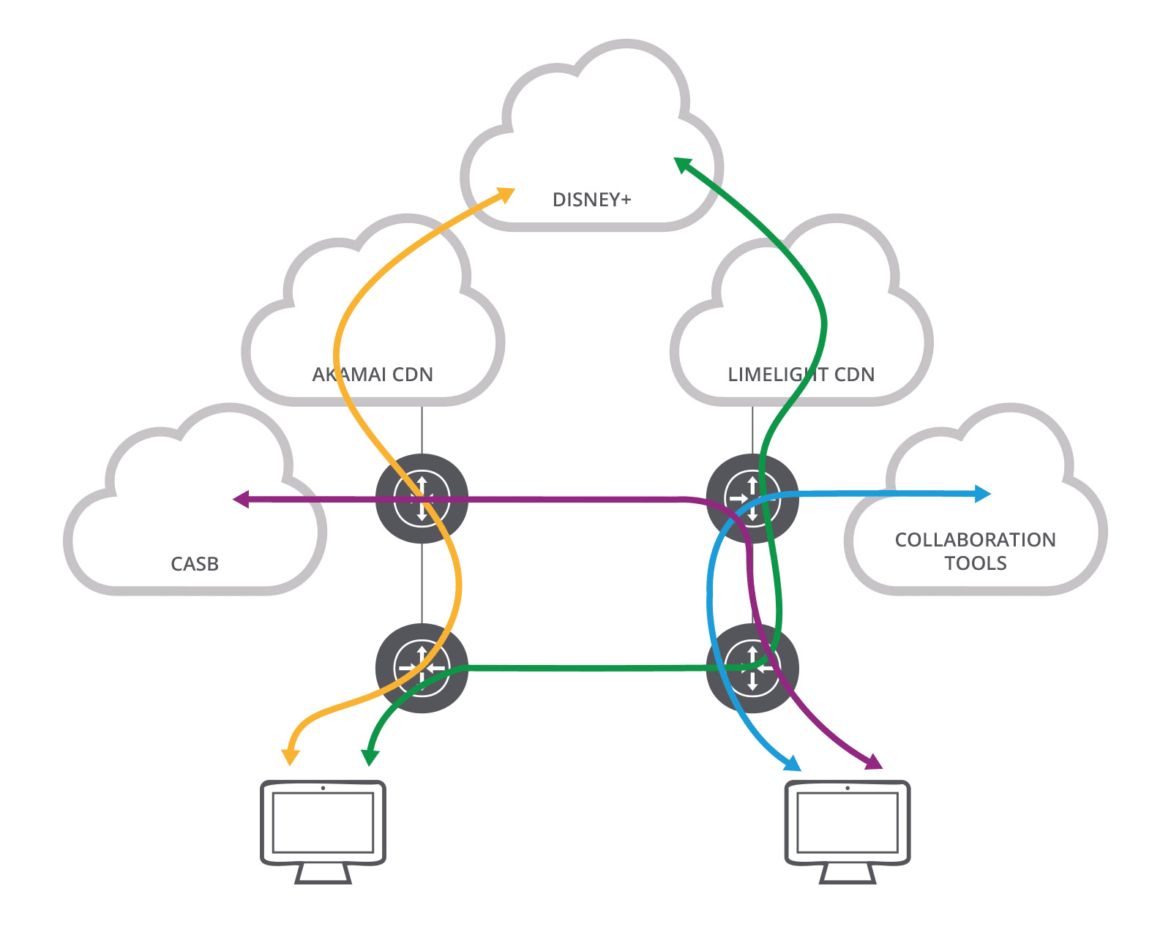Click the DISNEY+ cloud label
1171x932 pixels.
tap(591, 200)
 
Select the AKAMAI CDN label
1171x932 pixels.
tap(373, 375)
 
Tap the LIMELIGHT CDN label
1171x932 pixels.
tap(801, 375)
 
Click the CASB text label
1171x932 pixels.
tap(195, 564)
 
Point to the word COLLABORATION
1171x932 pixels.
tap(975, 540)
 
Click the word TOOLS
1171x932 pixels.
tap(975, 563)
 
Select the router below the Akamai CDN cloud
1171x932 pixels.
tap(422, 499)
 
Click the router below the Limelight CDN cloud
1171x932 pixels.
tap(752, 499)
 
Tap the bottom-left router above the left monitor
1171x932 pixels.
tap(422, 668)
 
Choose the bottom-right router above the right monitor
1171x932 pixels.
tap(752, 668)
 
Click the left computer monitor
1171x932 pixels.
tap(323, 830)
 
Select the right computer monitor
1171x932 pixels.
tap(848, 830)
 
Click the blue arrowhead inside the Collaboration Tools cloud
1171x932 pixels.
tap(982, 494)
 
